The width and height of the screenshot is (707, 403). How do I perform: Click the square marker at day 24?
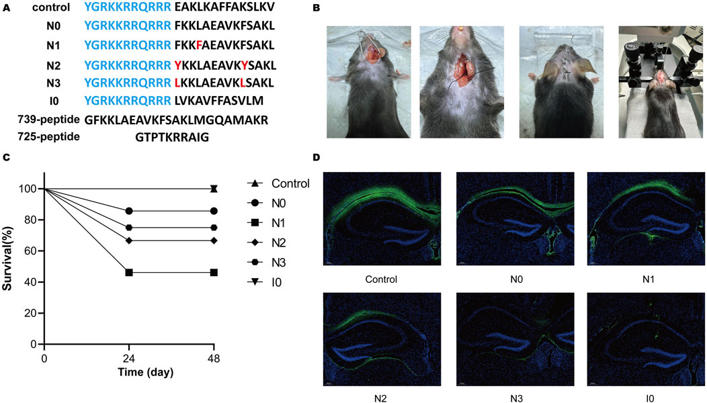click(129, 272)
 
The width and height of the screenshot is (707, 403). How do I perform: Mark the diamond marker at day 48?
click(214, 240)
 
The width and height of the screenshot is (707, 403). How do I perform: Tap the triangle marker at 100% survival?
click(214, 189)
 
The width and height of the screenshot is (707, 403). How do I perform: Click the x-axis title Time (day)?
click(128, 373)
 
